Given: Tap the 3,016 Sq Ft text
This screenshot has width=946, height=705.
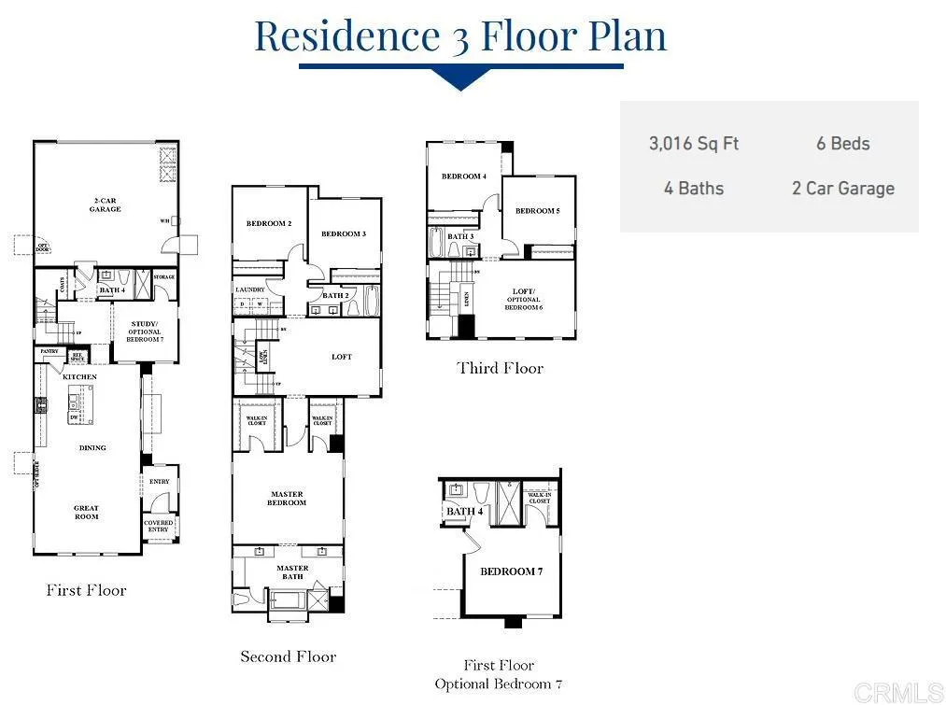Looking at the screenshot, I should click(x=694, y=144).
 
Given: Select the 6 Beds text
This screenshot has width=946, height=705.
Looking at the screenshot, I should click(x=842, y=144).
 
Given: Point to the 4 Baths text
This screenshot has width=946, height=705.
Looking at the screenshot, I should click(x=694, y=189).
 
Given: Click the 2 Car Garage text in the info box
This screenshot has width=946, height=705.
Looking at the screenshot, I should click(x=842, y=189).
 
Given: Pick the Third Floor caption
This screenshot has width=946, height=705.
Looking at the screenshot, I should click(x=500, y=368).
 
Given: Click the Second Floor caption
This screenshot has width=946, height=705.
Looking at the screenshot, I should click(x=288, y=656).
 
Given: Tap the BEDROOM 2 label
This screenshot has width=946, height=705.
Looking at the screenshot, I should click(x=269, y=224).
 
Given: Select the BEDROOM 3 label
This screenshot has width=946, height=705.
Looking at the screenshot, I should click(x=343, y=233).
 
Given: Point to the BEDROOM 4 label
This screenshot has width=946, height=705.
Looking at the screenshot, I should click(x=464, y=176).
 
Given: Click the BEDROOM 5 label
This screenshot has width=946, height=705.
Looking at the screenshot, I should click(x=537, y=211).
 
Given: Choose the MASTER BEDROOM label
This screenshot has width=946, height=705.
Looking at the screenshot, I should click(x=287, y=499).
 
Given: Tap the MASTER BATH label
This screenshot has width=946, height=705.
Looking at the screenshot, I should click(x=292, y=572).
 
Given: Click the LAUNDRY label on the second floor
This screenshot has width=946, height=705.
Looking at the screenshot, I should click(x=250, y=289).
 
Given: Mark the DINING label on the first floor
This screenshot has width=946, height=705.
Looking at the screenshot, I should click(x=92, y=448).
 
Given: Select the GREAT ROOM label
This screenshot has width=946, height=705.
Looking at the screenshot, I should click(x=87, y=513).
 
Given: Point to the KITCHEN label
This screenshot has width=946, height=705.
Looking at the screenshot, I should click(x=79, y=377).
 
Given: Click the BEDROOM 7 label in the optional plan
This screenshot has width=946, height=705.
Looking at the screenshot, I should click(x=511, y=571).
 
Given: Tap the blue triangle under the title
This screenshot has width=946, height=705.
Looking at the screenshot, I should click(x=460, y=80).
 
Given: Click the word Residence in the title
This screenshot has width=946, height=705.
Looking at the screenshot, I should click(x=346, y=35).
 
